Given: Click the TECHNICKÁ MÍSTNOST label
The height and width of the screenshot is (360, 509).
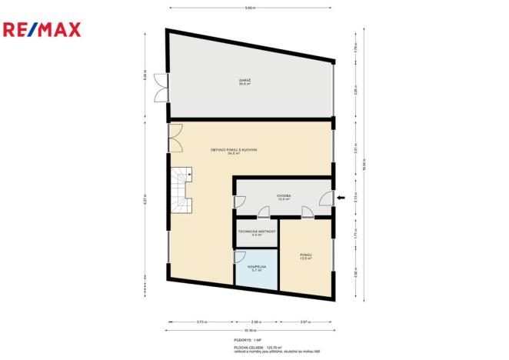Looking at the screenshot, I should (256, 232).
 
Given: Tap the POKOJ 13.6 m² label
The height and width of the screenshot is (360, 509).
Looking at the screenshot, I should (305, 256).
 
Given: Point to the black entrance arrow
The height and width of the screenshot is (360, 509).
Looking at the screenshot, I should (341, 200).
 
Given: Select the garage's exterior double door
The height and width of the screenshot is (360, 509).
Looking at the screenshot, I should (161, 86).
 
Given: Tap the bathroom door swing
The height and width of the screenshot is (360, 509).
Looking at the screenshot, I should (239, 256).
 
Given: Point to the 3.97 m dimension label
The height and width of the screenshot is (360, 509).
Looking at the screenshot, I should (304, 322).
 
